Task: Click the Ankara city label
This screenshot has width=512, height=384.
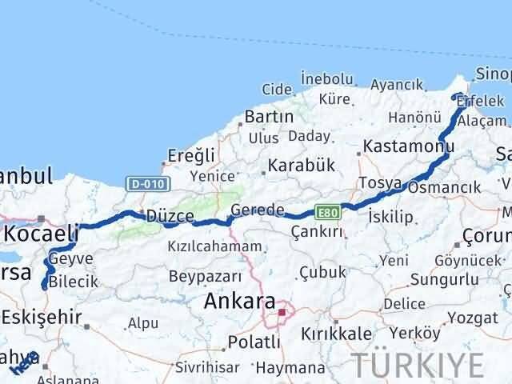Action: [x=238, y=303]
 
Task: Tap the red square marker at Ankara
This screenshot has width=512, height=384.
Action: [x=282, y=311]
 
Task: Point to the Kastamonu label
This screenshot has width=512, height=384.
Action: [x=408, y=147]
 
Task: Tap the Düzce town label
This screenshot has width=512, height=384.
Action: [x=166, y=215]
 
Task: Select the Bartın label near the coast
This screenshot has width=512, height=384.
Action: [x=270, y=116]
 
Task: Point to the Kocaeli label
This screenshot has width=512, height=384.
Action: [x=42, y=234]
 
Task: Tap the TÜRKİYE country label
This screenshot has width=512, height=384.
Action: [x=419, y=365]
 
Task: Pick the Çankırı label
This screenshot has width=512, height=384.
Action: [x=317, y=231]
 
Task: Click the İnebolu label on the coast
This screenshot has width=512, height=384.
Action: [x=326, y=78]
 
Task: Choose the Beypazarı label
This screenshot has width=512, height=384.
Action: [x=205, y=276]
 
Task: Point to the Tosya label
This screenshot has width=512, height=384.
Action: [x=380, y=183]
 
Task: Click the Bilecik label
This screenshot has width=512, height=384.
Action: [x=73, y=282]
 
